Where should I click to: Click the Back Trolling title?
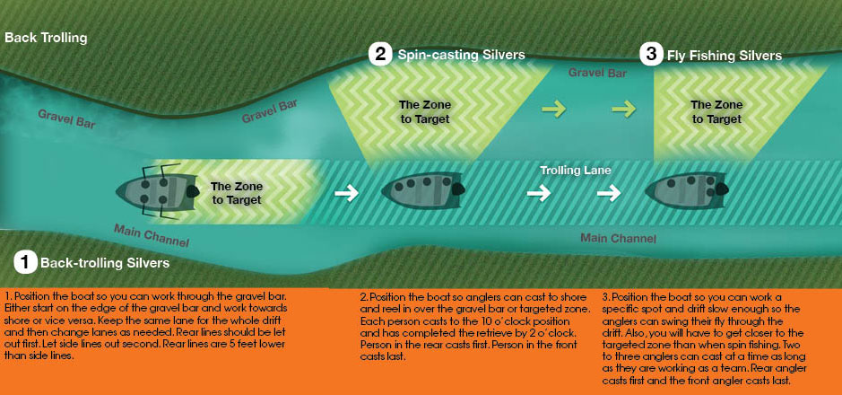tap(46, 39)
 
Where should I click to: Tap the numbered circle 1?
tap(25, 262)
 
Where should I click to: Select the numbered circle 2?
tap(380, 55)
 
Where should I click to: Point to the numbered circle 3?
tap(651, 55)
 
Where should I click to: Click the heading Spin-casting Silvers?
tap(461, 55)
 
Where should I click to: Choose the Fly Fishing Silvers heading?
tap(725, 56)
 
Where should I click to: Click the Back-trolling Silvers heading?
tap(105, 263)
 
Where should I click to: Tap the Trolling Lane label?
tap(576, 171)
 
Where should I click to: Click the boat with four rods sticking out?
tap(157, 191)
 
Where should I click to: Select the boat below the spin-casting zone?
tap(422, 189)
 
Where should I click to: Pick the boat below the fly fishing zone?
tap(686, 190)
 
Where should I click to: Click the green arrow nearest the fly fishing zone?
tap(623, 110)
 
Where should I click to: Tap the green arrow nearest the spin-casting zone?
tap(553, 110)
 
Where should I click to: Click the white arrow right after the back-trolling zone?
tap(346, 193)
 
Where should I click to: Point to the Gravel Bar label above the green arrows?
tap(597, 72)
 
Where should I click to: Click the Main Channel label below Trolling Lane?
tap(619, 238)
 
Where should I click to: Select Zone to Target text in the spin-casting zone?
tap(425, 112)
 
